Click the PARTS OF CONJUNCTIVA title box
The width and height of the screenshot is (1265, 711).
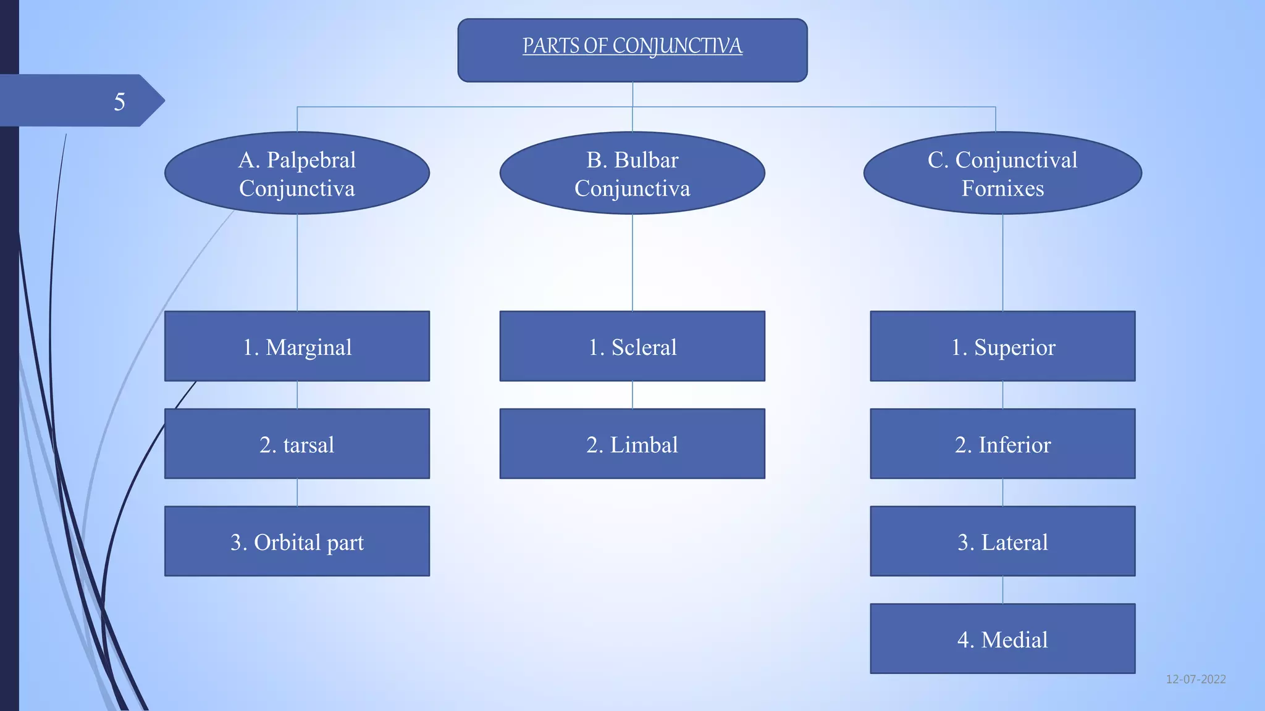point(632,50)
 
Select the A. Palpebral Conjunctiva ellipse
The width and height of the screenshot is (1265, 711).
point(297,173)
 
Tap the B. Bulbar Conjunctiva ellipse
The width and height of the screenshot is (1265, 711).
point(632,173)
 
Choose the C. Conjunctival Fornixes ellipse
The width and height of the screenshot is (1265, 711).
point(1002,173)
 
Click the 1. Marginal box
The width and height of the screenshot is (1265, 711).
point(297,346)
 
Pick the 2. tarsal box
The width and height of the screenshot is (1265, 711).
point(297,444)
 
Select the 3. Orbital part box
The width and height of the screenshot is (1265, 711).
point(297,541)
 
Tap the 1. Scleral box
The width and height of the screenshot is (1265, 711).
point(632,346)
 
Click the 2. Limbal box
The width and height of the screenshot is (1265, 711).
point(632,444)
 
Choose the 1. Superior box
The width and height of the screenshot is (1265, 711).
point(1002,346)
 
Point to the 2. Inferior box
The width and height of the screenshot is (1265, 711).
point(1002,444)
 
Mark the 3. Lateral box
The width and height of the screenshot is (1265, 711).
point(1002,541)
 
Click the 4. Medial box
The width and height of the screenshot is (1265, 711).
point(1002,639)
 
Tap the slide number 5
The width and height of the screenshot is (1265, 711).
point(119,101)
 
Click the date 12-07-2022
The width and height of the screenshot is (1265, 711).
point(1196,679)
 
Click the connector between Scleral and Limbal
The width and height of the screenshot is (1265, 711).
point(632,395)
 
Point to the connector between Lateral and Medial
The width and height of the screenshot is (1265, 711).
point(1002,590)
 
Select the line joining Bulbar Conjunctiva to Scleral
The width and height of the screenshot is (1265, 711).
point(632,262)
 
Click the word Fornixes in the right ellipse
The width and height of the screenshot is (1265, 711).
point(1002,188)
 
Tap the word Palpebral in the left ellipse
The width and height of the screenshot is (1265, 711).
point(311,160)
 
